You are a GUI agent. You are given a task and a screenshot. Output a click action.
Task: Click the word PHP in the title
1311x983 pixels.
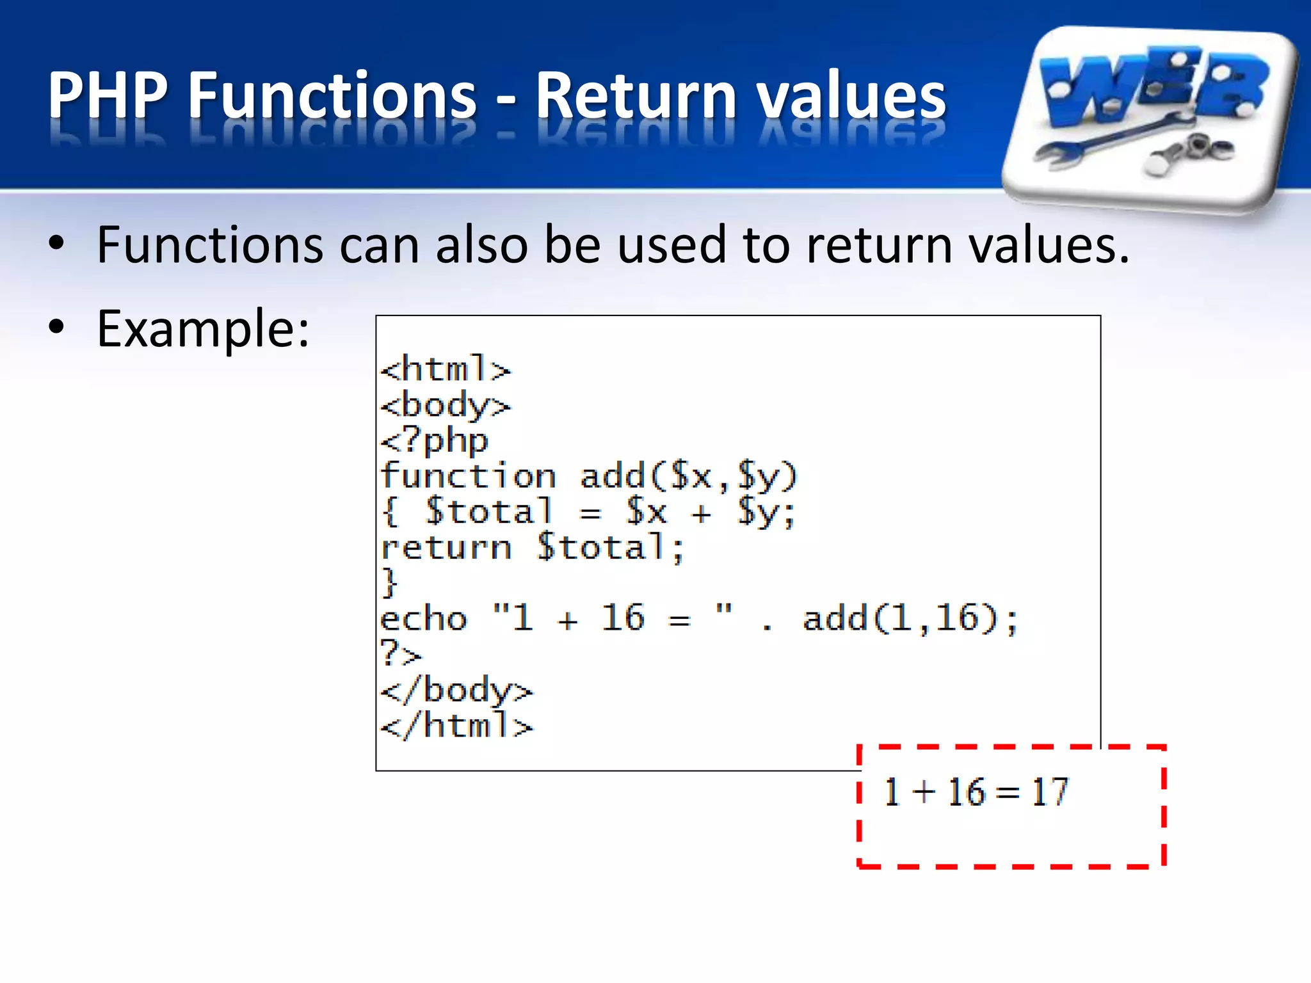coord(108,95)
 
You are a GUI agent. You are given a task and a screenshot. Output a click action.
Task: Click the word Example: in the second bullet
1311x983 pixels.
coord(203,329)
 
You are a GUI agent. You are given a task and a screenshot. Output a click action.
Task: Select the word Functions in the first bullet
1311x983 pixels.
coord(210,245)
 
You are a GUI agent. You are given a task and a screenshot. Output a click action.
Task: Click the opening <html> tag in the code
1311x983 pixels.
coord(446,370)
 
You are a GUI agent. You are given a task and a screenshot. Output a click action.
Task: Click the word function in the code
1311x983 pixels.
coord(468,476)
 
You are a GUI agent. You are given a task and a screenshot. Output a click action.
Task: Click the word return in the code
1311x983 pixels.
coord(446,548)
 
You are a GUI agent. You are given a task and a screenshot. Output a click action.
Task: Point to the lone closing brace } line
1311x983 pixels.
coord(389,583)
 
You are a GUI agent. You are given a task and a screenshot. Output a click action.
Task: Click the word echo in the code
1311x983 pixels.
coord(424,619)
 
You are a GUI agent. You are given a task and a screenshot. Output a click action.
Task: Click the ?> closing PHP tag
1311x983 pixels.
coord(401,654)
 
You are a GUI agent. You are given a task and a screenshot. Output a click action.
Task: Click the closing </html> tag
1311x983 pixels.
coord(456,726)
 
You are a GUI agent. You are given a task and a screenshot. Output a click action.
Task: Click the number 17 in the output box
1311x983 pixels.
coord(1049,792)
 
